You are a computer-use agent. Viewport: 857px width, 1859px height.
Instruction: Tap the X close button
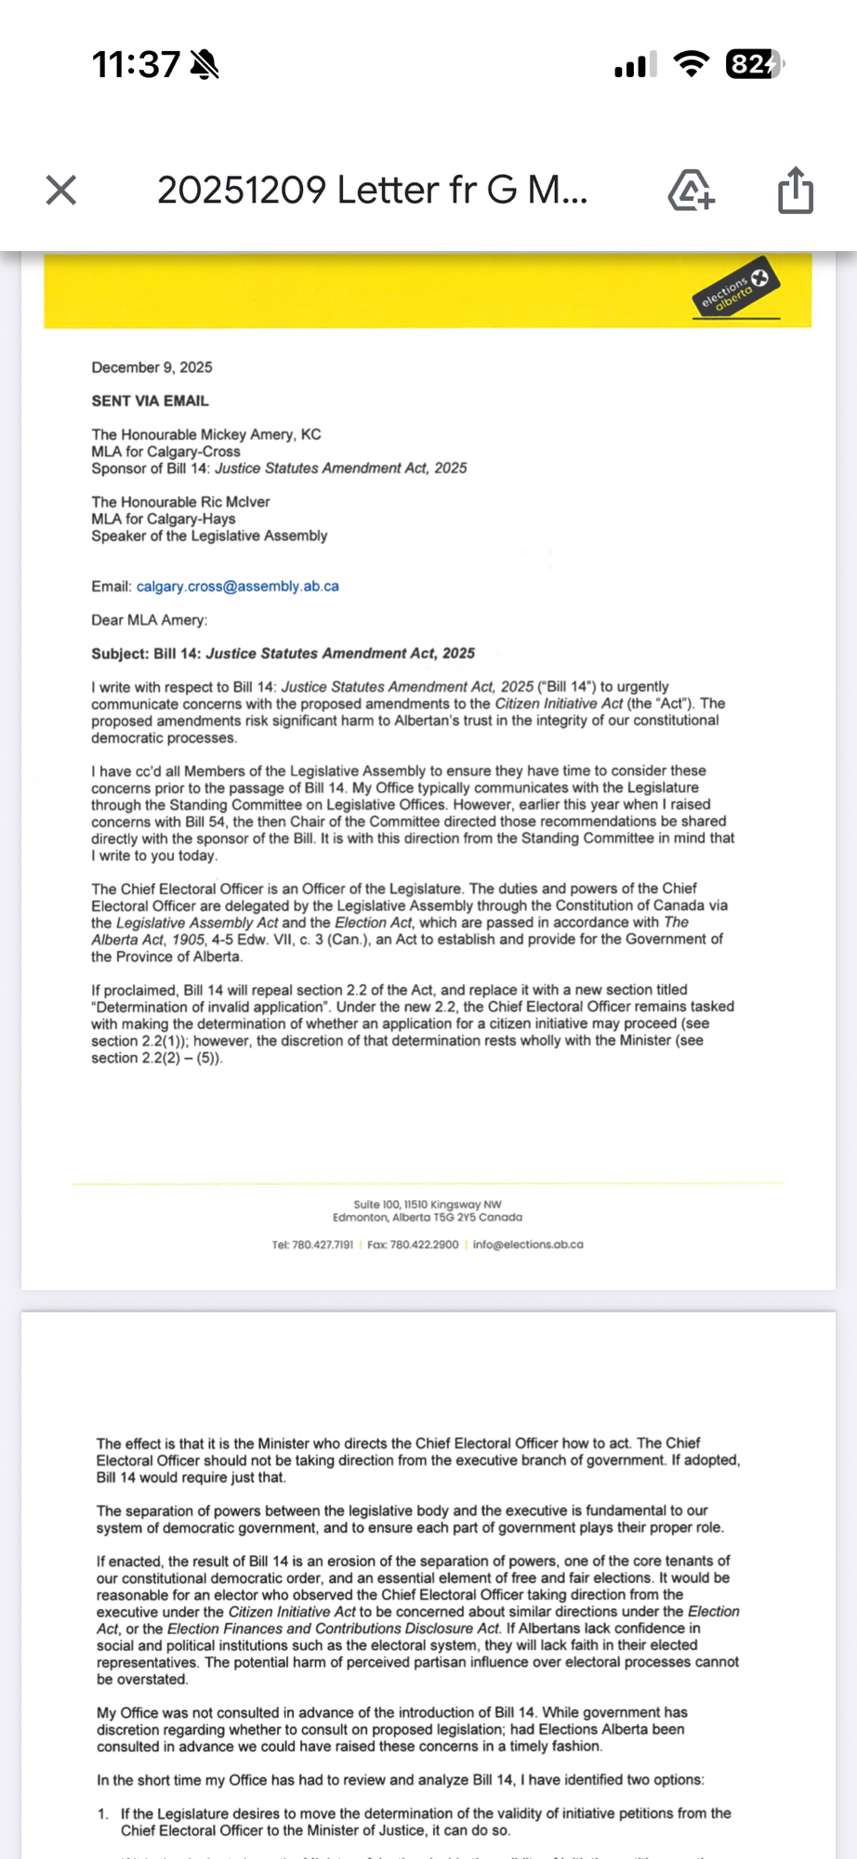tap(61, 191)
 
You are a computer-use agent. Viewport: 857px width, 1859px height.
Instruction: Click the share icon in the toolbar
tap(795, 191)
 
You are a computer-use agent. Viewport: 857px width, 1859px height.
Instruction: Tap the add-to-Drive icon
tap(691, 191)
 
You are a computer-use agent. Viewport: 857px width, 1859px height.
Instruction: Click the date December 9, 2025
tap(152, 367)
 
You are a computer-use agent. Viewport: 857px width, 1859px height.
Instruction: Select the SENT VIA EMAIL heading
tap(150, 401)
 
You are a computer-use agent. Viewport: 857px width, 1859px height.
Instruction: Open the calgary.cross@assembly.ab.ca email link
tap(237, 587)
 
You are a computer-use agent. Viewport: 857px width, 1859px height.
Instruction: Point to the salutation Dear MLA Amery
tap(149, 620)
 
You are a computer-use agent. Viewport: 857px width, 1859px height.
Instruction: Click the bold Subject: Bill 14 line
tap(283, 653)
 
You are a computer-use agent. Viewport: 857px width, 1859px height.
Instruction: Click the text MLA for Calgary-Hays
tap(163, 519)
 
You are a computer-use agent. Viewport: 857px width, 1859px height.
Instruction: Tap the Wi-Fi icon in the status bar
tap(691, 64)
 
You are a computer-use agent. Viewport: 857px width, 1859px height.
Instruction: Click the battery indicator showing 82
tap(754, 64)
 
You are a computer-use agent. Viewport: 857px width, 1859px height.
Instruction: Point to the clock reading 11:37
tap(136, 64)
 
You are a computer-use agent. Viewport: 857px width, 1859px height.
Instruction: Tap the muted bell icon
tap(204, 64)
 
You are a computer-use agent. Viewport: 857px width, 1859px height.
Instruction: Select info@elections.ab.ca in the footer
tap(527, 1245)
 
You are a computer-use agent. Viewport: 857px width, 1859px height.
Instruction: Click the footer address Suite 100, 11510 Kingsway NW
tap(428, 1205)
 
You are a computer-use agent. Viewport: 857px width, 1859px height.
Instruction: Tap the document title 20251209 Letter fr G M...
tap(372, 191)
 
